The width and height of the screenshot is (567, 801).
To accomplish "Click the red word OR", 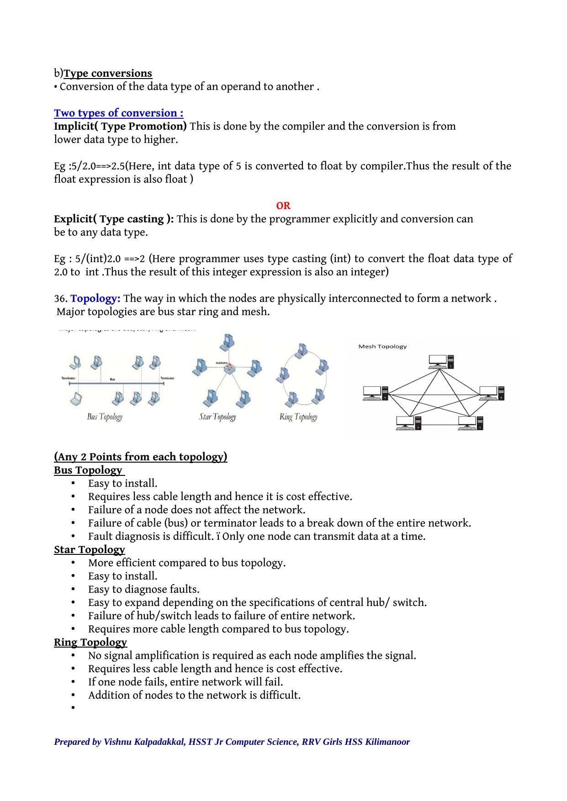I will (x=283, y=206).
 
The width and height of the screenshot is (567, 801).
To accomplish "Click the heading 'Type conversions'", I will (x=108, y=74).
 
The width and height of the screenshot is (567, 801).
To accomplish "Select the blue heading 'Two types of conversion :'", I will (x=119, y=113).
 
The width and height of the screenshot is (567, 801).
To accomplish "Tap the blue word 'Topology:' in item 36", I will (x=95, y=299).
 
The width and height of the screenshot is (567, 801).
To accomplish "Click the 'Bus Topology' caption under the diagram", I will (x=105, y=416).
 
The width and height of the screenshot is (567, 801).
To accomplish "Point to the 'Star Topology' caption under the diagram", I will (x=217, y=416).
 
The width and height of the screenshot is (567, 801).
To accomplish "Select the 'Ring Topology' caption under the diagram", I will (x=298, y=416).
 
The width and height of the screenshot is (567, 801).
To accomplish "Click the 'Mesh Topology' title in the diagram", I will (x=382, y=347).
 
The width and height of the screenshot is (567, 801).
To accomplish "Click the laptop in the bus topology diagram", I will (x=76, y=399).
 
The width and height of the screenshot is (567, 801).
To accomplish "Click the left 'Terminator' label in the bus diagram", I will (x=69, y=378).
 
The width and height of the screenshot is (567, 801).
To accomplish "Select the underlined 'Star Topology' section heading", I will (x=90, y=550).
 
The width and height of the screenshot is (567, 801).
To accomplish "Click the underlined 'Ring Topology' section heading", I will (x=90, y=643).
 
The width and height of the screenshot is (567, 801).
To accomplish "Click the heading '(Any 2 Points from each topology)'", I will (x=141, y=457).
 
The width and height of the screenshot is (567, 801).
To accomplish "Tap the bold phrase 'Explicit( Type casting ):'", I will (x=114, y=219).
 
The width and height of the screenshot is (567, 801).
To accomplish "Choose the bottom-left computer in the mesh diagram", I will (x=408, y=423).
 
